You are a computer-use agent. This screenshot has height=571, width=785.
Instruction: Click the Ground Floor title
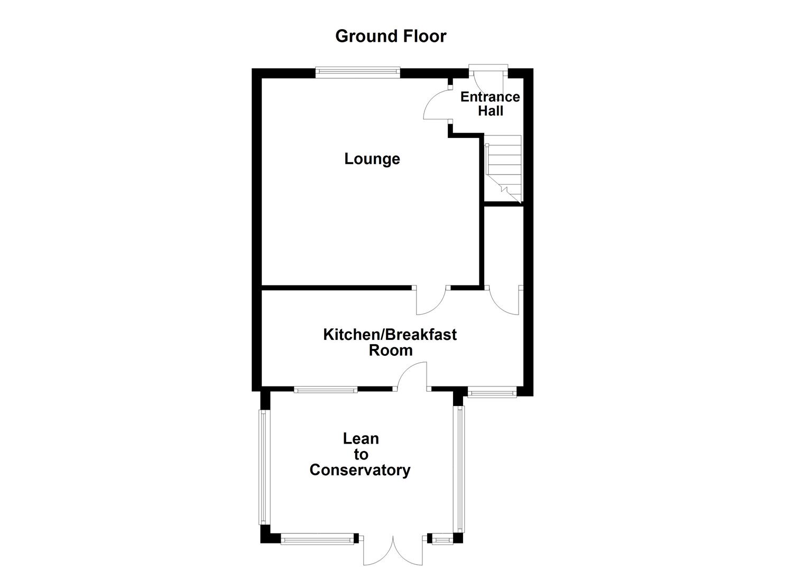pos(391,36)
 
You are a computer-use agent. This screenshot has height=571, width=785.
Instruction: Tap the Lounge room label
pos(372,159)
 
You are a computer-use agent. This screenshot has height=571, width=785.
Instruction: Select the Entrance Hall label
pos(490,104)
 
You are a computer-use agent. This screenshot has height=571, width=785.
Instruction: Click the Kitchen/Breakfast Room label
pos(390,342)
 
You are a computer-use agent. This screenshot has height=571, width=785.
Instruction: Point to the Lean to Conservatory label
pos(360,454)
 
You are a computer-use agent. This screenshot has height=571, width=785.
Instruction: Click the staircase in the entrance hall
pos(504,167)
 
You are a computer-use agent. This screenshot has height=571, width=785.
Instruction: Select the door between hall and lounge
pos(437,105)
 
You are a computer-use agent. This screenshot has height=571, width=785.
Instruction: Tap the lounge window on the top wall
pos(357,72)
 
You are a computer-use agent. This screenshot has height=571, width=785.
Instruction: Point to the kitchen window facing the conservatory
pos(326,390)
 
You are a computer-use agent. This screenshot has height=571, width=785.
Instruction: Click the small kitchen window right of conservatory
pos(492,393)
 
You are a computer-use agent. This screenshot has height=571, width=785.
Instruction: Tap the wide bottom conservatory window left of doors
pos(317,539)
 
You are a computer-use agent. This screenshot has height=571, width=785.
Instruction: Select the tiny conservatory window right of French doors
pos(443,539)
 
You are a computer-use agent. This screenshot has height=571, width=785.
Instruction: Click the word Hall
pos(491,111)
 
